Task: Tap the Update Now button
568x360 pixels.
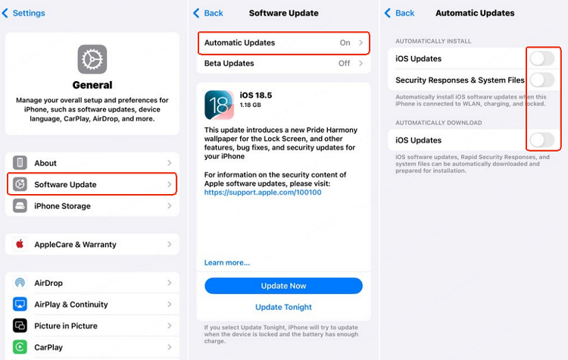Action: [x=283, y=286]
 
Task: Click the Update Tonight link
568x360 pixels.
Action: [x=283, y=307]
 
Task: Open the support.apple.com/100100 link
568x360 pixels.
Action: [x=263, y=193]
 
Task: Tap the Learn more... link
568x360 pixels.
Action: [x=226, y=263]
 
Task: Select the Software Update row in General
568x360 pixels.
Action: [x=92, y=184]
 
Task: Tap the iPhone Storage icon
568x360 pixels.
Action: [x=20, y=206]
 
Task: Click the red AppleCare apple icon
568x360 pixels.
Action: [x=20, y=244]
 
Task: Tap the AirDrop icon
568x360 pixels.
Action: [x=20, y=283]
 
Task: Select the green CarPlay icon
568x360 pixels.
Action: [x=20, y=347]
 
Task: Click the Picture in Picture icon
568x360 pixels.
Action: [x=20, y=326]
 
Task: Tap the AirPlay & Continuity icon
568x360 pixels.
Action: [x=20, y=304]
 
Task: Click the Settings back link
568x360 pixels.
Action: [x=23, y=13]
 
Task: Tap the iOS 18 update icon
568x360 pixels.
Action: [x=219, y=105]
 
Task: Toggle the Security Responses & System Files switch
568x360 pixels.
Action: [x=542, y=80]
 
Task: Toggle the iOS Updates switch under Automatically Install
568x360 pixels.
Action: [x=542, y=58]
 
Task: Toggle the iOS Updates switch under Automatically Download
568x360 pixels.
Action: [x=542, y=140]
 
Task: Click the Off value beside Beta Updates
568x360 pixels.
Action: [x=344, y=63]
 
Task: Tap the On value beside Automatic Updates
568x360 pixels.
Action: [x=345, y=42]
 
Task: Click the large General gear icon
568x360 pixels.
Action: [x=92, y=59]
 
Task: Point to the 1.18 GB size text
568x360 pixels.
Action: [x=251, y=105]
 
